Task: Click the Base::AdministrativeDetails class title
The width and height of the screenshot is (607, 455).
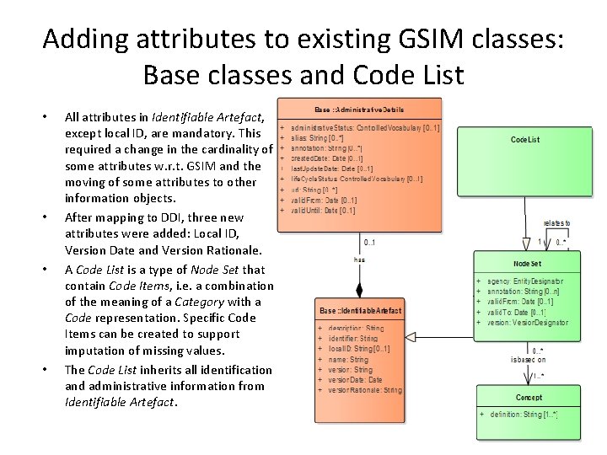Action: coord(359,110)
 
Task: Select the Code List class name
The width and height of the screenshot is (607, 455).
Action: coord(525,139)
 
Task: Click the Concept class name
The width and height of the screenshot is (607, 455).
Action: coord(528,397)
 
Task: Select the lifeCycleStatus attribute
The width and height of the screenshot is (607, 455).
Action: coord(357,179)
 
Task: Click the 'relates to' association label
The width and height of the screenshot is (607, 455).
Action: coord(556,223)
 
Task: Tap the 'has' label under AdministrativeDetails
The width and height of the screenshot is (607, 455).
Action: coord(359,260)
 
